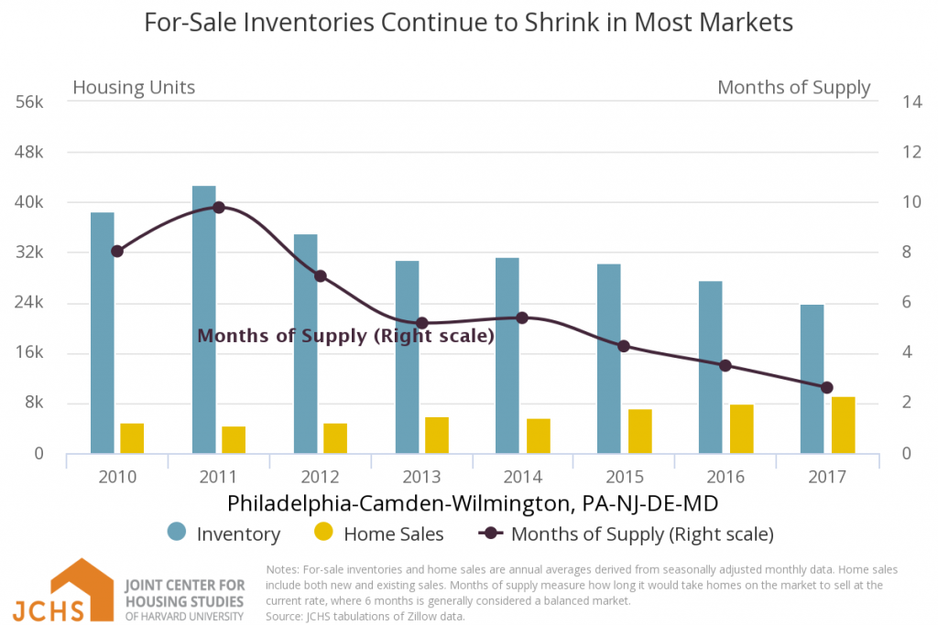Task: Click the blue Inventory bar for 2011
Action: tap(204, 319)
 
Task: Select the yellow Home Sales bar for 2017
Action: tap(843, 426)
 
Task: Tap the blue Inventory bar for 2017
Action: tap(813, 379)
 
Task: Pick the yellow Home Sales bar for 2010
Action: tap(132, 438)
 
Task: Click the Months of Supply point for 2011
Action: tap(218, 208)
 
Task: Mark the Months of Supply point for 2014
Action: tap(522, 318)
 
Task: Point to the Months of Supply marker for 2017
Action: tap(827, 387)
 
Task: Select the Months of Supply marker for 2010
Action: tap(116, 251)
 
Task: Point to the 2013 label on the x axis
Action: tap(421, 477)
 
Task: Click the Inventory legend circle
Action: tap(178, 533)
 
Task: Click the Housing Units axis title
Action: tap(134, 88)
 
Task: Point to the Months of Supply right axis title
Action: tap(793, 88)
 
